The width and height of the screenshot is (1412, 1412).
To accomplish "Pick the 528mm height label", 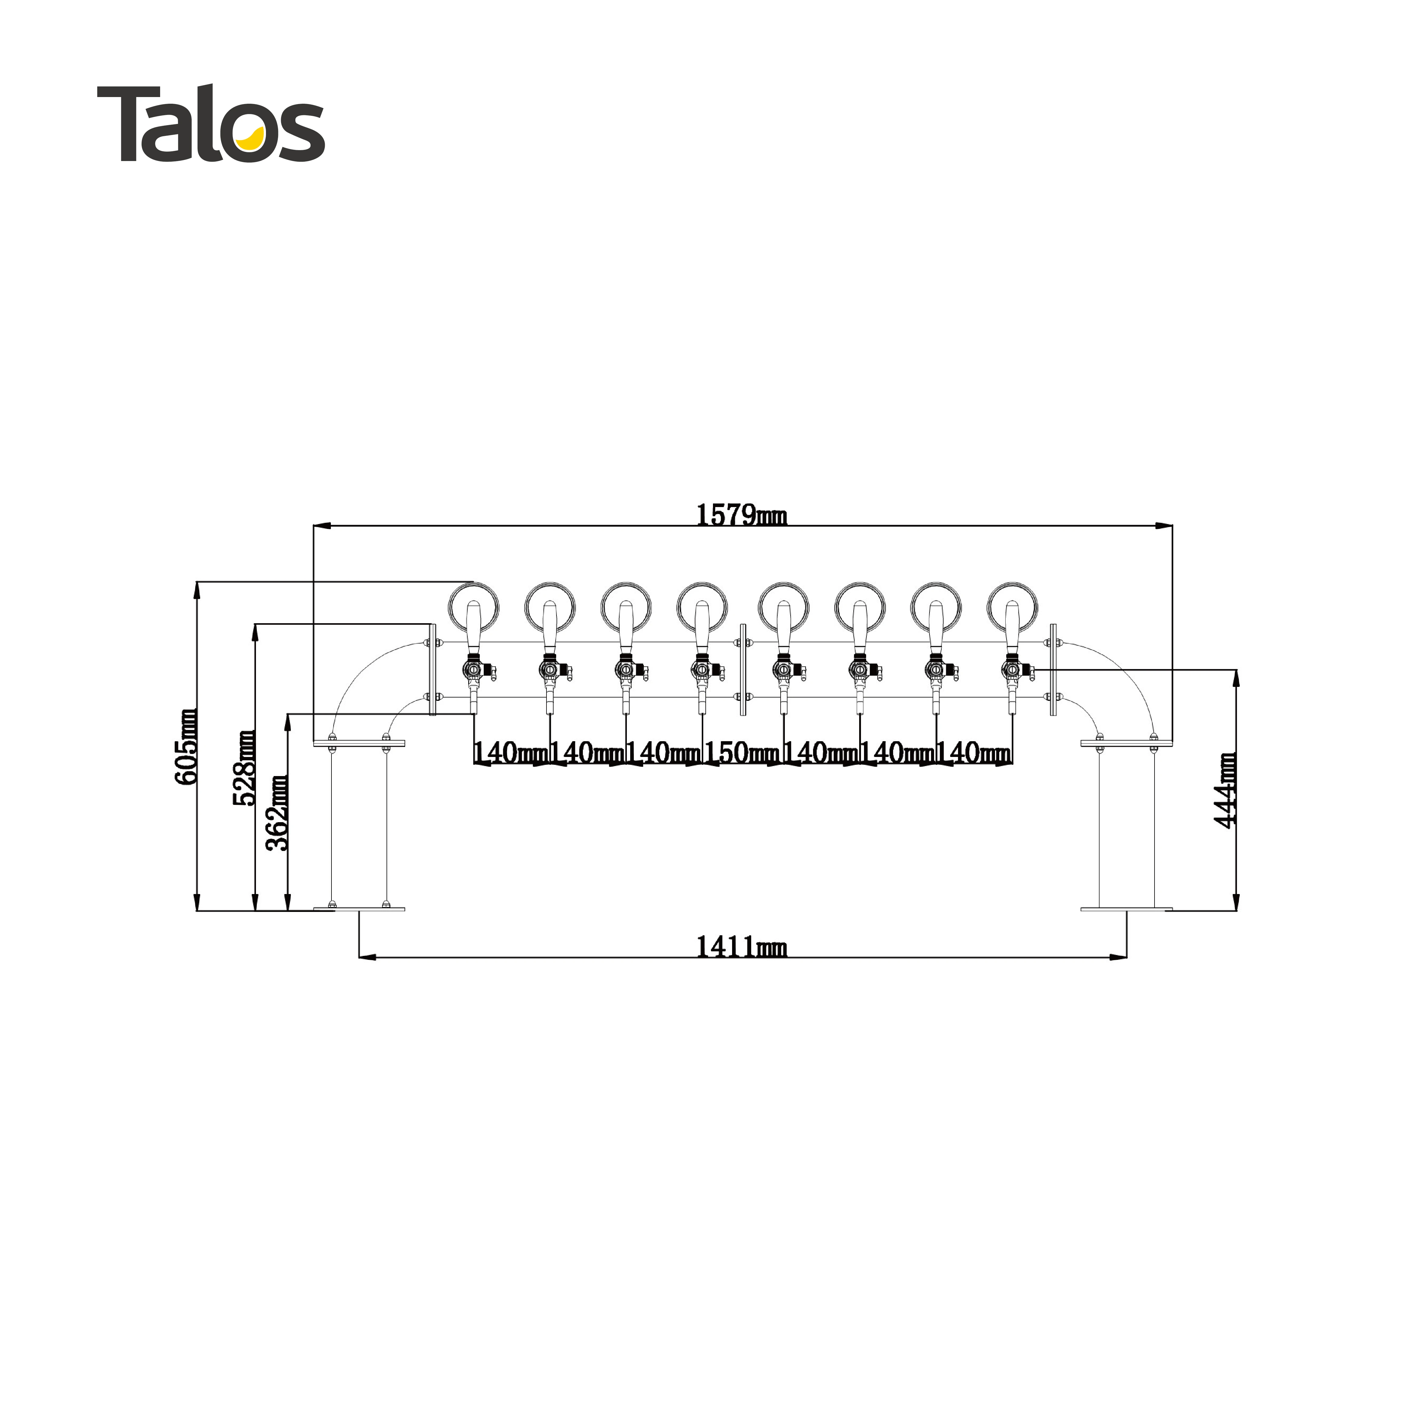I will click(x=244, y=767).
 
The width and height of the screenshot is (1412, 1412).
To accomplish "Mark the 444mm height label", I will click(x=1225, y=791).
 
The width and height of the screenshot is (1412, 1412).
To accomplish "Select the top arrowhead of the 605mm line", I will click(x=197, y=589).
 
